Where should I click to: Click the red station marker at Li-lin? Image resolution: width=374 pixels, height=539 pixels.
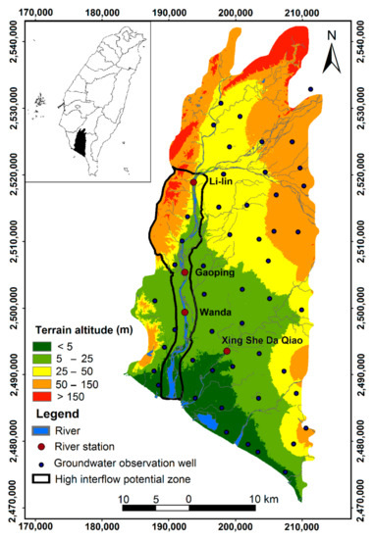click(193, 181)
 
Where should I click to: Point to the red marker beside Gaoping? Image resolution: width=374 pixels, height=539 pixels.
click(185, 272)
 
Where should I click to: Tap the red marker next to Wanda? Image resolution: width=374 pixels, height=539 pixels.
click(185, 313)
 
